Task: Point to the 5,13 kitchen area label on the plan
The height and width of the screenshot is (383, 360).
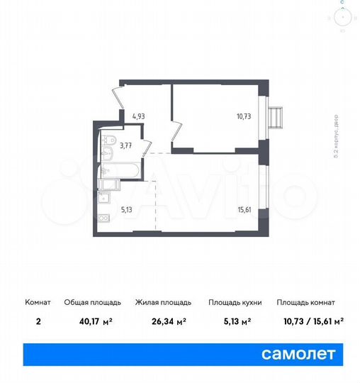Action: (x=126, y=209)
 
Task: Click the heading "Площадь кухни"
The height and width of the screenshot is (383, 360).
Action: (x=235, y=303)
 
